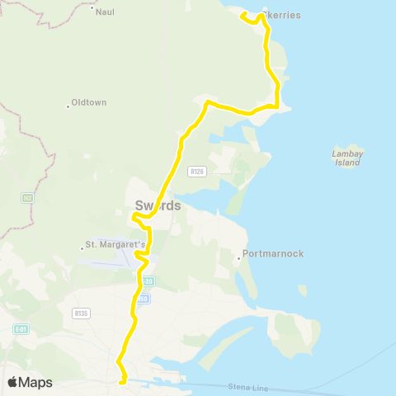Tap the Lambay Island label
point(347,158)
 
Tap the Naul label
point(105,12)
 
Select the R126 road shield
point(196,172)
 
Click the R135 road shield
point(81,313)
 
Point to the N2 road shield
point(28,197)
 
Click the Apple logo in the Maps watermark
point(13,382)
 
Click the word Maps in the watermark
point(36,382)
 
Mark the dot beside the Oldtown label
point(68,105)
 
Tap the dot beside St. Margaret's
point(80,246)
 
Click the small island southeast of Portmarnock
point(302,290)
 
